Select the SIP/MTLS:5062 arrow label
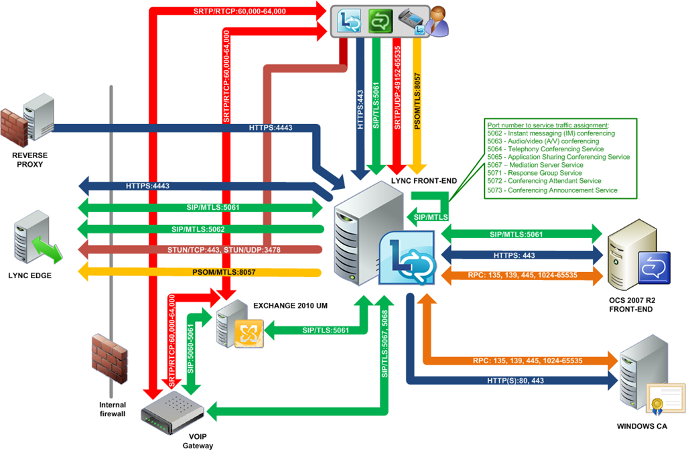200,229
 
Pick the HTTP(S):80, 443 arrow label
515,381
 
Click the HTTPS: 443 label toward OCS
514,255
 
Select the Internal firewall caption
112,409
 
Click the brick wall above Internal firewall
109,358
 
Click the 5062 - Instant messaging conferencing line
551,133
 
